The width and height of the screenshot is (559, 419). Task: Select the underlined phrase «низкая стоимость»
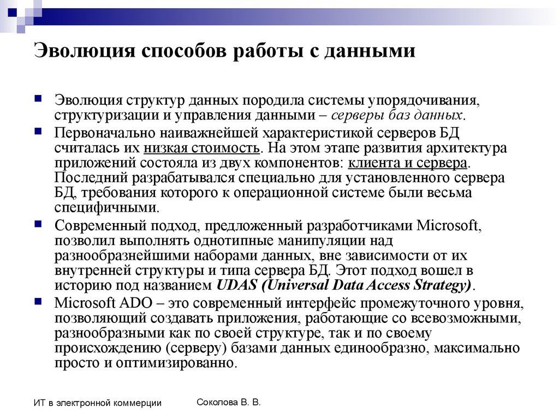click(201, 148)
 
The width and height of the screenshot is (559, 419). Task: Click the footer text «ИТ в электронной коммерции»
click(97, 403)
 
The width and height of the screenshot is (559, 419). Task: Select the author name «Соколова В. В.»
click(228, 402)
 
